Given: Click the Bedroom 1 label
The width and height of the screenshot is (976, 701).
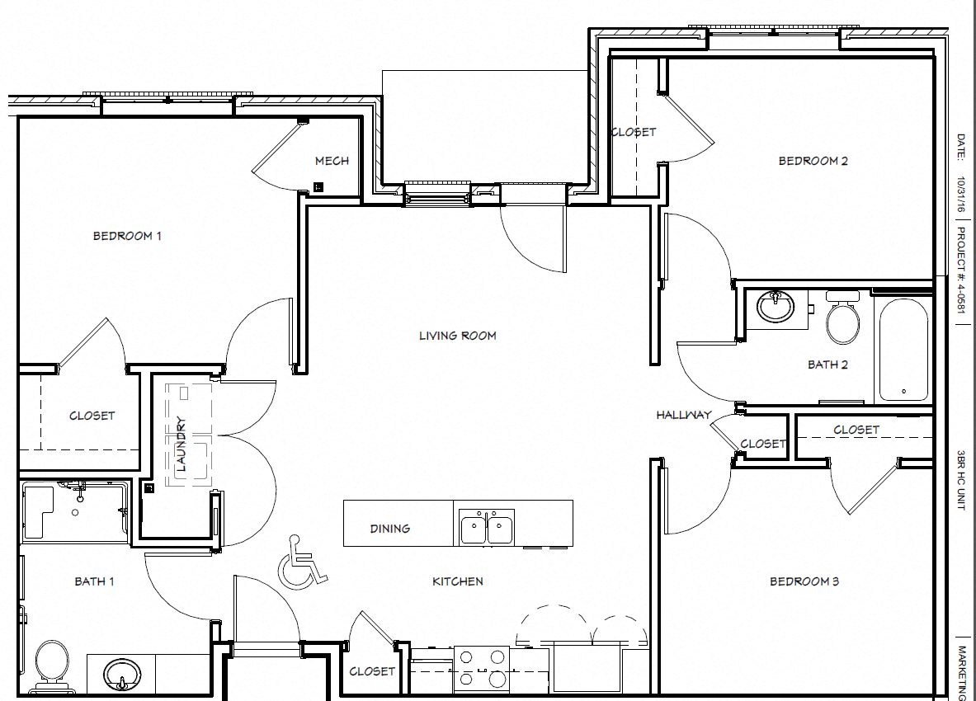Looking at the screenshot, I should coord(127,236).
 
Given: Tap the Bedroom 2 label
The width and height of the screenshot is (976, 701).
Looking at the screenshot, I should coord(813,161).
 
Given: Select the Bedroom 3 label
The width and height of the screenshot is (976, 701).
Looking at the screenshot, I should coord(804,581).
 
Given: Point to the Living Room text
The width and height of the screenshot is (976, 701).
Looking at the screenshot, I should coord(457,336).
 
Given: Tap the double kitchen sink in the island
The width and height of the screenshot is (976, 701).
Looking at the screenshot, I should coord(487,527).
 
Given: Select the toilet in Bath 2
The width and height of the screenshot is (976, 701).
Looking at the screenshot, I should coord(842,321).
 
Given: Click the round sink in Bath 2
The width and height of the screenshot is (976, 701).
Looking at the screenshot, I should coord(776,308).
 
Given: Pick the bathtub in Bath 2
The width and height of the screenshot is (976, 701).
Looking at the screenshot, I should coord(903,350).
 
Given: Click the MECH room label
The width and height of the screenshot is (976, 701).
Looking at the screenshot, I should coord(332,161).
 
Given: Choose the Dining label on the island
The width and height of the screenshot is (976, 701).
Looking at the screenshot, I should coord(390,529).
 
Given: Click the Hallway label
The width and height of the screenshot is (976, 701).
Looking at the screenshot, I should coord(683,415).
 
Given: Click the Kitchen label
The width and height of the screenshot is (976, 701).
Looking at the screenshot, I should coord(458,581).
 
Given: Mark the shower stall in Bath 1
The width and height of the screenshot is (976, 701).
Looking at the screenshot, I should coord(74,512).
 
